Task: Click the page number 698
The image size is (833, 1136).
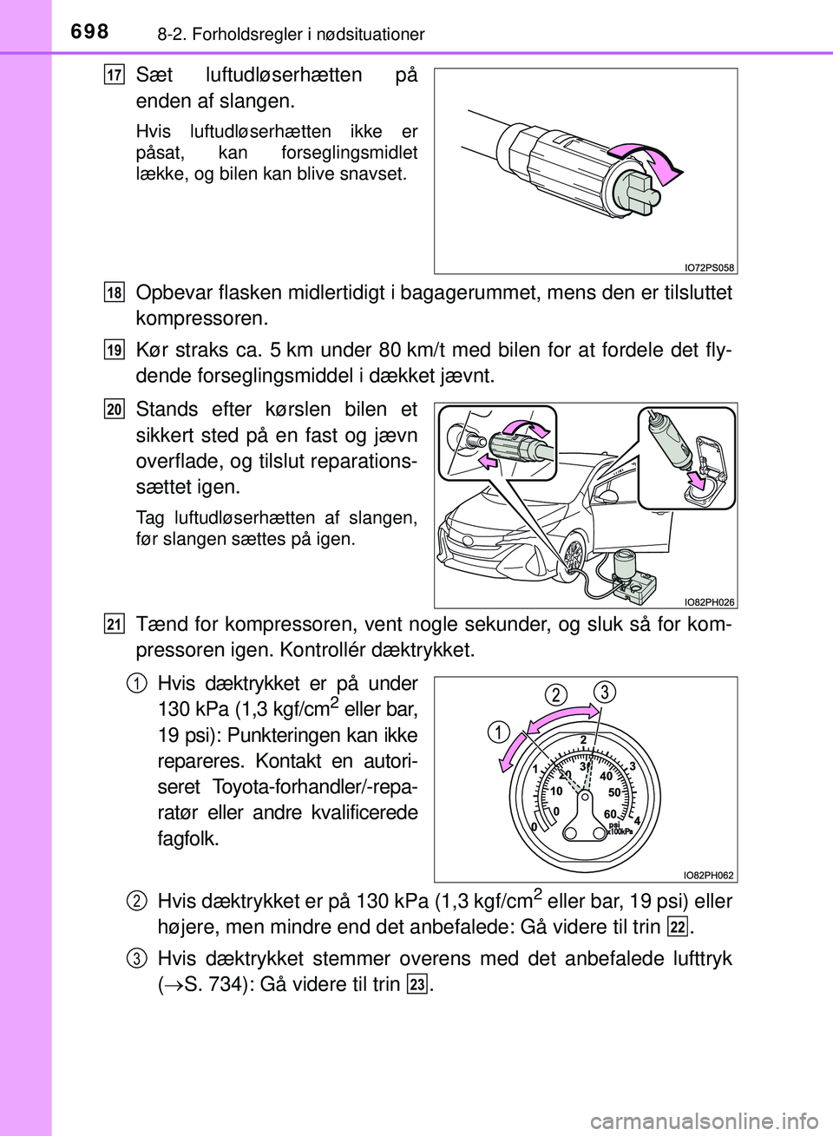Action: click(x=89, y=32)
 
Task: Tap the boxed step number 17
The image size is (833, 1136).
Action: click(x=115, y=75)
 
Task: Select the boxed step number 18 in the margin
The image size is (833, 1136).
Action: click(x=115, y=292)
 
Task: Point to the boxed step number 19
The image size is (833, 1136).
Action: click(x=115, y=350)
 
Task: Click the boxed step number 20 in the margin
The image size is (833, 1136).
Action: click(x=115, y=409)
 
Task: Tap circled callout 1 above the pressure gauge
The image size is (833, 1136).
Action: click(x=499, y=732)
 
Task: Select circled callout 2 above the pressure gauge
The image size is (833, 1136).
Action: click(x=556, y=695)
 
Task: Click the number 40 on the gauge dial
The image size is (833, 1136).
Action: click(x=606, y=776)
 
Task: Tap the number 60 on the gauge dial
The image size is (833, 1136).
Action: click(x=610, y=813)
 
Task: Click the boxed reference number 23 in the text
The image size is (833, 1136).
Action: click(x=417, y=984)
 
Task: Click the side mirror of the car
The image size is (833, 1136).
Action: click(x=608, y=495)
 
